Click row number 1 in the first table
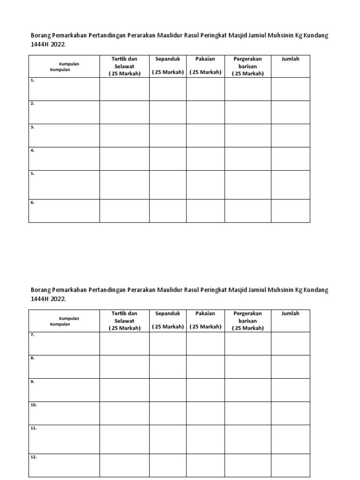coord(32,80)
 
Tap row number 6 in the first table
coord(32,202)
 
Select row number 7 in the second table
coord(32,335)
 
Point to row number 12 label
coord(33,457)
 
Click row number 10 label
coord(33,405)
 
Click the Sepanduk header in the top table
coord(167,59)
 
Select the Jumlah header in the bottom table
coord(290,313)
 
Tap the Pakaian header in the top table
coord(205,59)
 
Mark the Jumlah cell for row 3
coord(290,135)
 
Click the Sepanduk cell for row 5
coord(167,185)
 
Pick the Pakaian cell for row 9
coord(205,390)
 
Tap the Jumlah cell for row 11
coord(290,439)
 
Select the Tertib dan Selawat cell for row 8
coord(124,367)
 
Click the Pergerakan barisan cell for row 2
coord(247,112)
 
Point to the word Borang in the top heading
coord(41,36)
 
